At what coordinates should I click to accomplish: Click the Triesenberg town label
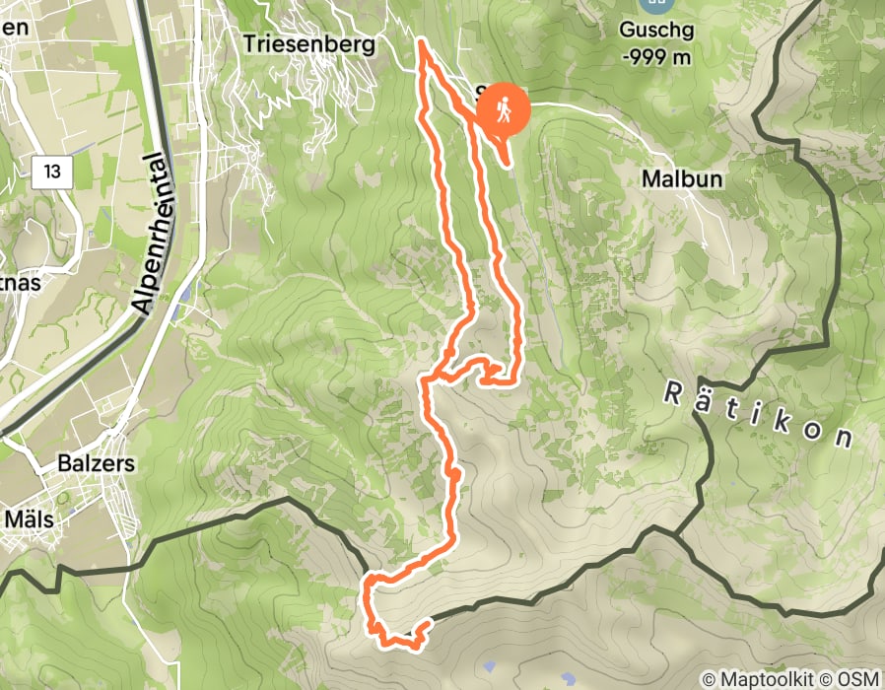[x=309, y=44]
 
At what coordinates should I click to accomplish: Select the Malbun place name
[x=682, y=179]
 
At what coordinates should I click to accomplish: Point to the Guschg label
[x=656, y=30]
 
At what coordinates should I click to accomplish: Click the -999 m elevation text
[x=656, y=54]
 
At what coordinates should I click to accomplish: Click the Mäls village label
[x=28, y=517]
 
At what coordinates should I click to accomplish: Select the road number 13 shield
[x=52, y=172]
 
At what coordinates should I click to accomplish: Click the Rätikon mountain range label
[x=757, y=414]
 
